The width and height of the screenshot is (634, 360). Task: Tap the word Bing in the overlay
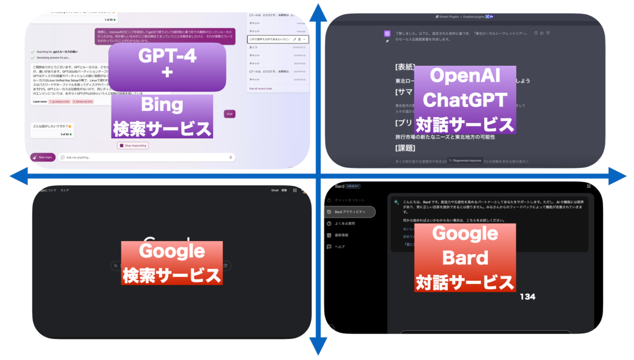[x=162, y=104]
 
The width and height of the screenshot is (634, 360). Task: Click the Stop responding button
[x=132, y=146]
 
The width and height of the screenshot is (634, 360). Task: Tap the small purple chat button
[x=229, y=113]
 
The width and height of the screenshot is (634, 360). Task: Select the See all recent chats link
[x=263, y=89]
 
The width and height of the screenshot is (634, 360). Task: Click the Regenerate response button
[x=465, y=160]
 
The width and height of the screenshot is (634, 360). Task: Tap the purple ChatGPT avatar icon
[x=387, y=33]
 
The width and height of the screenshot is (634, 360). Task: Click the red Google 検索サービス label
[x=172, y=262]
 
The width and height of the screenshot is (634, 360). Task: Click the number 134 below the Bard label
[x=528, y=297]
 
